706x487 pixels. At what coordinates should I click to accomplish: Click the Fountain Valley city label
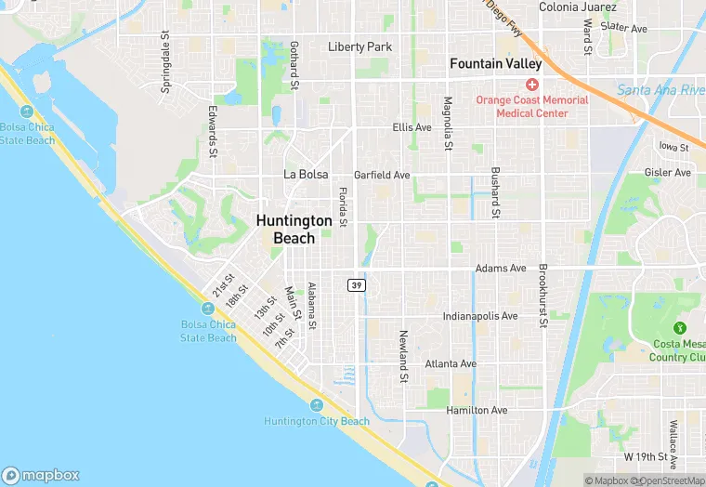pyautogui.click(x=495, y=64)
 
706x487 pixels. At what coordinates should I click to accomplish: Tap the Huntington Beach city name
pyautogui.click(x=294, y=229)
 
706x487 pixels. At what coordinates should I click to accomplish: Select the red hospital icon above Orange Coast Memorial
pyautogui.click(x=532, y=85)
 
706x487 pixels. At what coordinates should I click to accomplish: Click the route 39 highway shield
pyautogui.click(x=357, y=285)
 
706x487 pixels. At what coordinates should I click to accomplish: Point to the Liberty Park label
pyautogui.click(x=360, y=46)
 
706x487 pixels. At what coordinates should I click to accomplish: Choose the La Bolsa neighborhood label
pyautogui.click(x=306, y=174)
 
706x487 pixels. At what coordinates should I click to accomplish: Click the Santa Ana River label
pyautogui.click(x=660, y=90)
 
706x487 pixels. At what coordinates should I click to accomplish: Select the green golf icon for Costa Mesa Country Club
pyautogui.click(x=680, y=327)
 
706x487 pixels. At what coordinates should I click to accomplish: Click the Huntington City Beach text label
pyautogui.click(x=316, y=421)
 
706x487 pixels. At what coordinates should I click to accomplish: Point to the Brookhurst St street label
pyautogui.click(x=540, y=296)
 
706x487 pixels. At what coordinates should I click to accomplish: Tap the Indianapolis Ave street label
pyautogui.click(x=480, y=316)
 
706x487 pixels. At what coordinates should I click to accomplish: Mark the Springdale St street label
pyautogui.click(x=166, y=62)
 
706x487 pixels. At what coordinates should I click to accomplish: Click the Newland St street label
pyautogui.click(x=404, y=356)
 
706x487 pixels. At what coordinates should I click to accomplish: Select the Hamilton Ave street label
pyautogui.click(x=477, y=410)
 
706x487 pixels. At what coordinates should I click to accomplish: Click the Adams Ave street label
pyautogui.click(x=501, y=269)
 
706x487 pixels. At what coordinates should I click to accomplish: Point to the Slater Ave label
pyautogui.click(x=623, y=28)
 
